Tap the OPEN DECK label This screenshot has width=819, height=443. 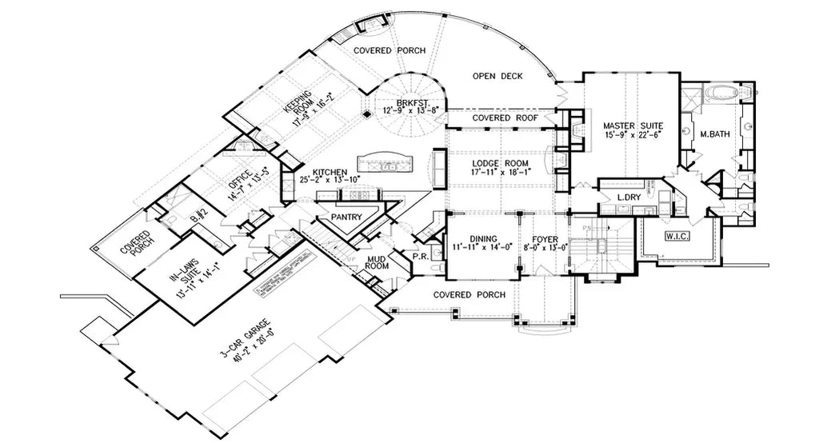click(x=497, y=76)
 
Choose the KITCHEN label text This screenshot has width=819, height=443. click(x=329, y=172)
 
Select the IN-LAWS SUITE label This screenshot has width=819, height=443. click(x=181, y=279)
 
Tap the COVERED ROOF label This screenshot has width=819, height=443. click(x=502, y=118)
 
